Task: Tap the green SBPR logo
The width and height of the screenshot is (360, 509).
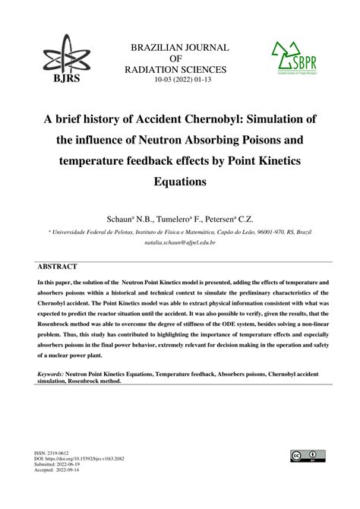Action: point(295,62)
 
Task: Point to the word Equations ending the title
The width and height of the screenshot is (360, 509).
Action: point(179,182)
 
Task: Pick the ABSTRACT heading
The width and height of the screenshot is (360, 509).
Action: point(58,267)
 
